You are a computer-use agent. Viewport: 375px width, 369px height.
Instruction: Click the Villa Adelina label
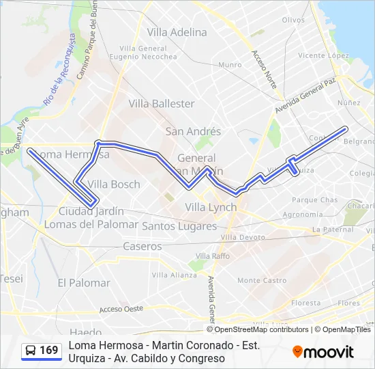click(x=177, y=32)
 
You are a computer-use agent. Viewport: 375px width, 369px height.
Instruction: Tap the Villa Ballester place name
click(x=162, y=104)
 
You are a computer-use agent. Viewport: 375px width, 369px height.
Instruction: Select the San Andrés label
click(x=193, y=131)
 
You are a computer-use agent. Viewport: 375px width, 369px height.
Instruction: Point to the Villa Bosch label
click(x=114, y=184)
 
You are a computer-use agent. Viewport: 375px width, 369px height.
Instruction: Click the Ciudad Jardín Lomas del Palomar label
click(x=91, y=217)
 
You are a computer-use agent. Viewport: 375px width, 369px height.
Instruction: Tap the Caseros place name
click(x=142, y=246)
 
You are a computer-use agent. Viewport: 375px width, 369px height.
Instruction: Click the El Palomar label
click(x=84, y=283)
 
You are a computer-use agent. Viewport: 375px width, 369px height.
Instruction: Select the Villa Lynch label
click(x=211, y=207)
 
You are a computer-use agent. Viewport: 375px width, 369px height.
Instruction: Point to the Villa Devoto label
click(x=243, y=237)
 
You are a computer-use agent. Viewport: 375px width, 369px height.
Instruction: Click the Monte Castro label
click(x=262, y=280)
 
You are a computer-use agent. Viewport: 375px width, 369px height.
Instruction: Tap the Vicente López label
click(x=323, y=55)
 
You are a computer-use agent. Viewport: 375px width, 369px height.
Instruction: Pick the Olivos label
click(x=293, y=20)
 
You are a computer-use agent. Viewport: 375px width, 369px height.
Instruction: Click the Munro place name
click(x=230, y=65)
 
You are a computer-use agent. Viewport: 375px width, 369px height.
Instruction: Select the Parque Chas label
click(x=314, y=200)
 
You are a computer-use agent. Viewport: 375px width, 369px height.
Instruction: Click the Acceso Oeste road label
click(x=121, y=309)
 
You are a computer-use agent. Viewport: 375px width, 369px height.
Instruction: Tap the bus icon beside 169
click(x=31, y=351)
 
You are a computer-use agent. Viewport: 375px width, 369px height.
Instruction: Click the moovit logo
click(x=322, y=352)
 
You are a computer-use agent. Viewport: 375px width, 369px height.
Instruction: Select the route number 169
click(x=49, y=351)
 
